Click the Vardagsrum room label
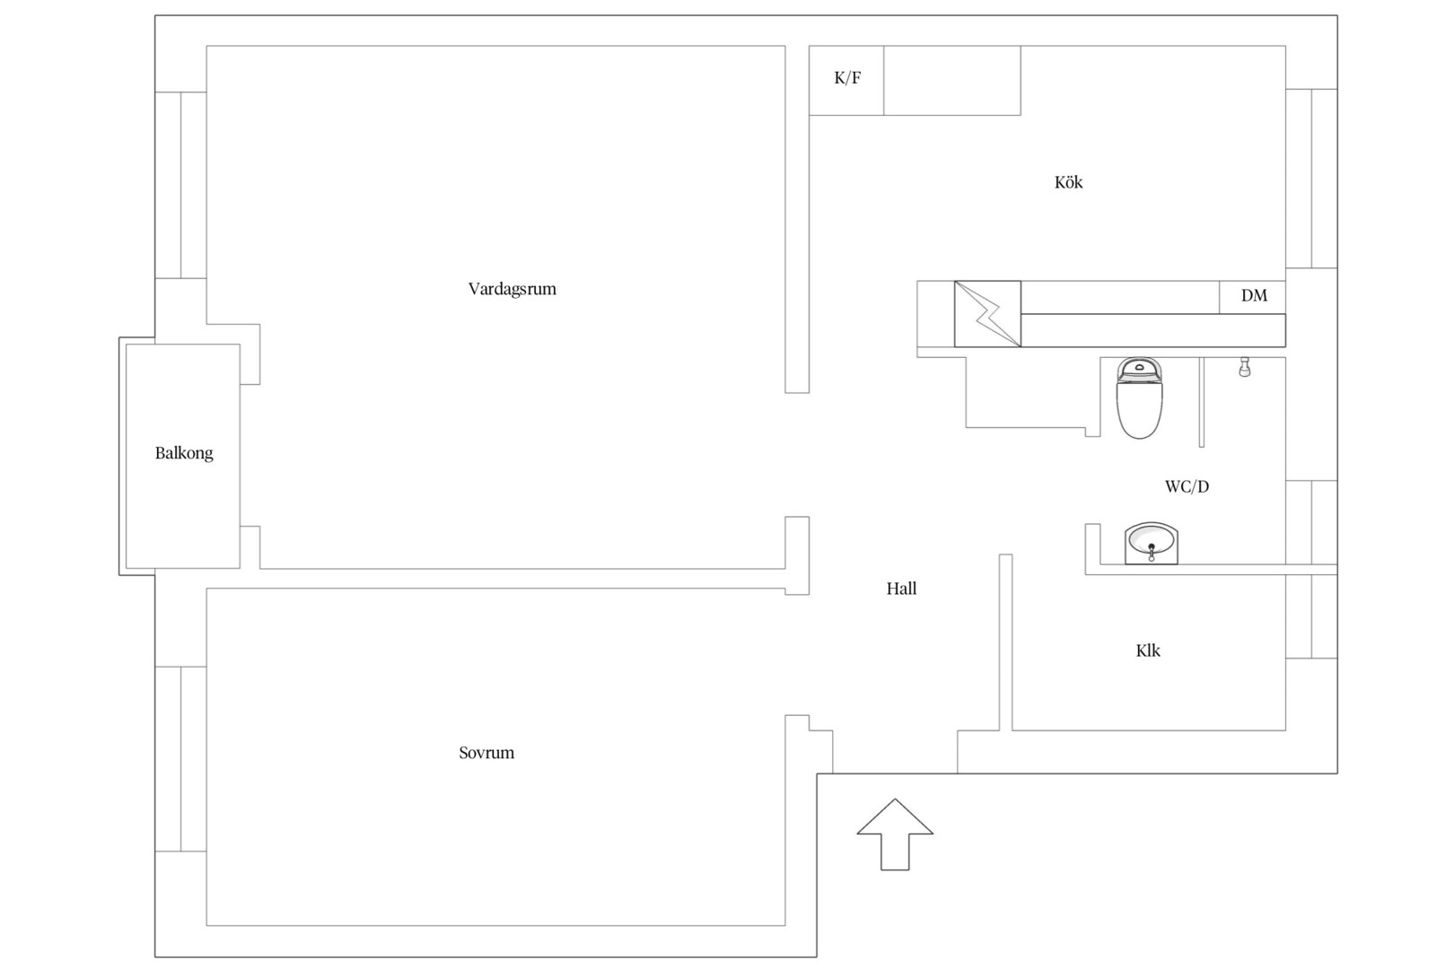(512, 289)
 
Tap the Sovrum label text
(486, 753)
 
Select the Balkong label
(184, 453)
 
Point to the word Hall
(902, 589)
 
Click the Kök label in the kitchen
(1068, 182)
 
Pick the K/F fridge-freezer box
(846, 81)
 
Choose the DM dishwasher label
(1254, 296)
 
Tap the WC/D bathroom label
(1187, 487)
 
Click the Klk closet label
(1148, 651)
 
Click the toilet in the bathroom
(1139, 397)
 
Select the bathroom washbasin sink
(1152, 543)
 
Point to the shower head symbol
(1244, 367)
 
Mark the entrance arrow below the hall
(895, 834)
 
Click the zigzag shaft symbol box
(987, 314)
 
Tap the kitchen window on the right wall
(1312, 179)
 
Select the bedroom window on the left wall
(180, 759)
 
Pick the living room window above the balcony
(180, 185)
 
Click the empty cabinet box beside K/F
(952, 81)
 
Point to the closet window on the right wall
(1312, 616)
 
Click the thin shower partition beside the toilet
(1202, 402)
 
